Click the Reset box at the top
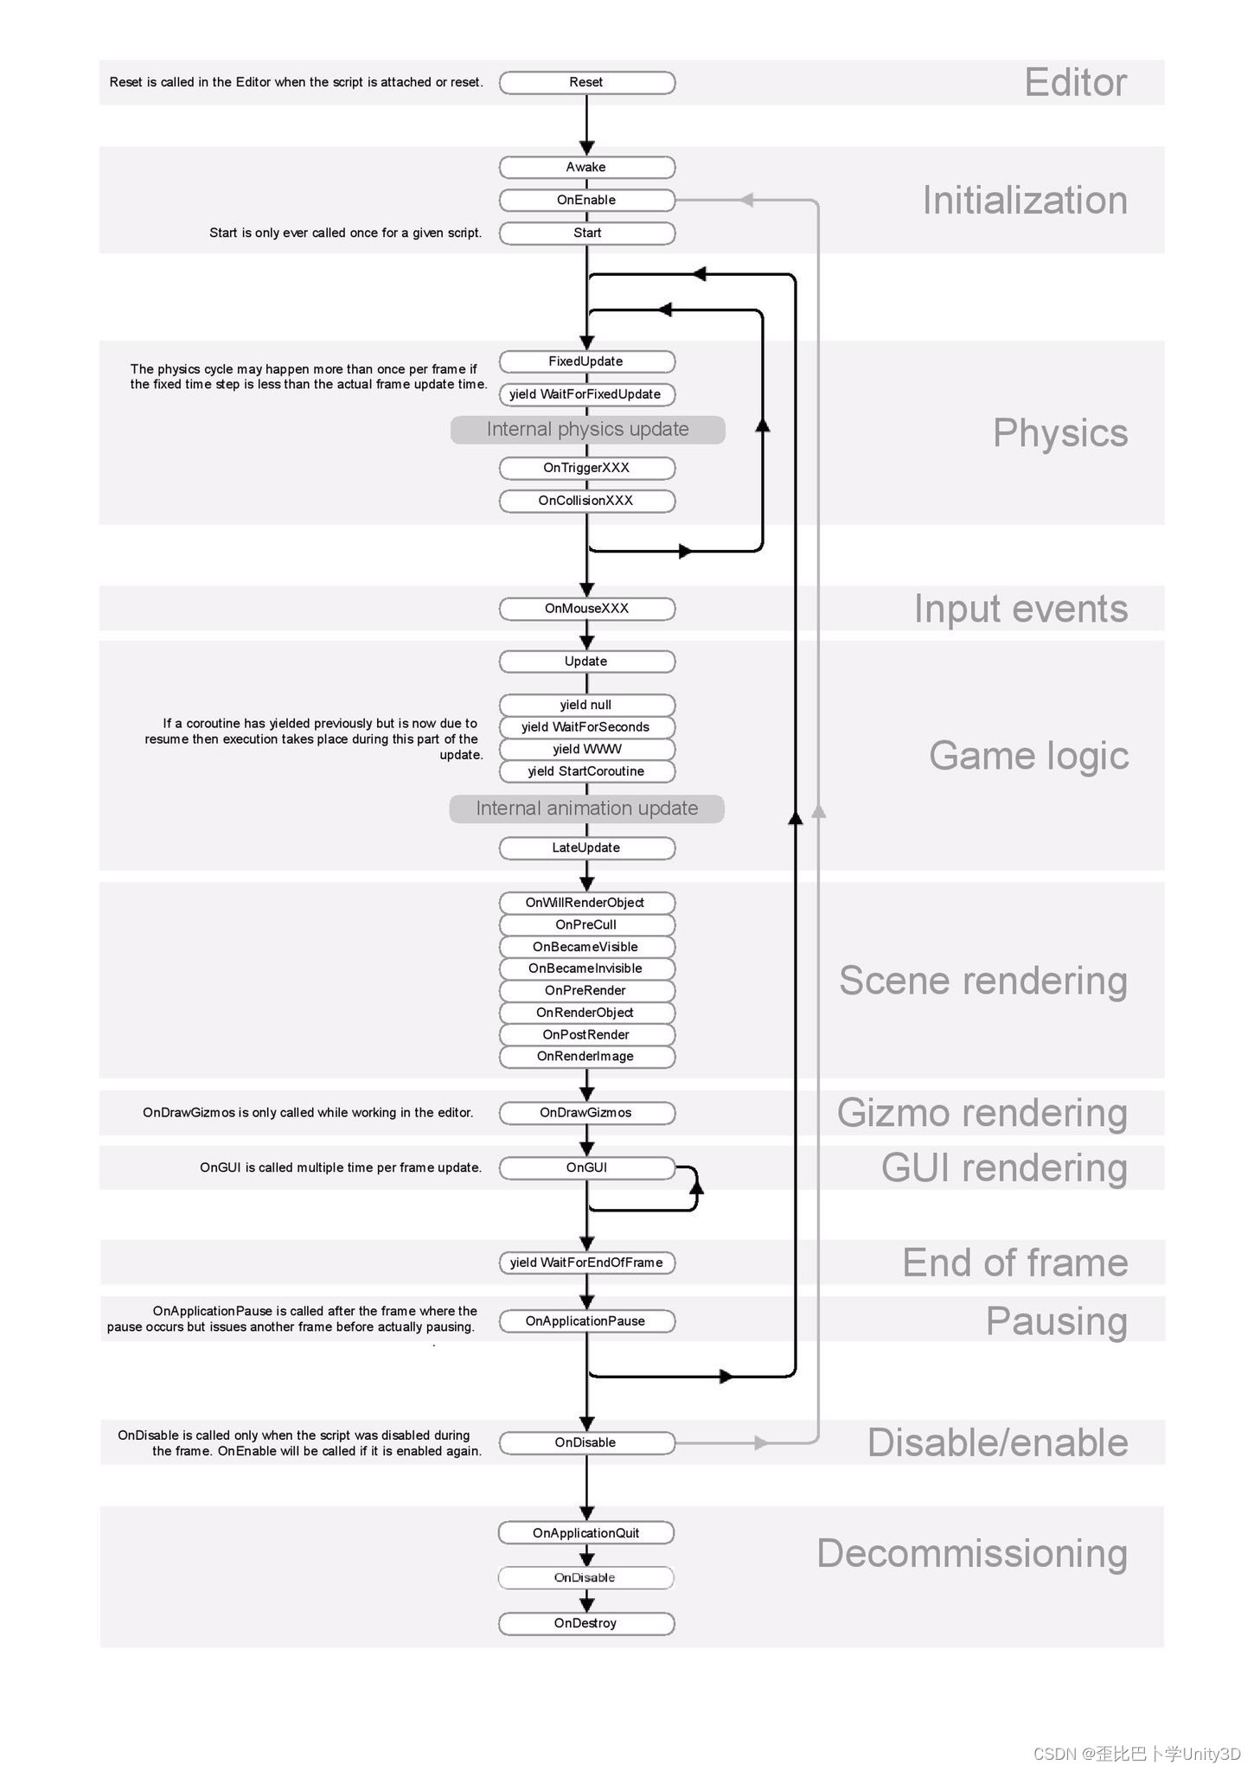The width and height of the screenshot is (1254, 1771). pyautogui.click(x=586, y=82)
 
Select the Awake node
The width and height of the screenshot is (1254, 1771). pyautogui.click(x=586, y=167)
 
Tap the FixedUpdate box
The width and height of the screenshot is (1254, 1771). pyautogui.click(x=586, y=361)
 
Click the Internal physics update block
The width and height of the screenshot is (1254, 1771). pyautogui.click(x=587, y=430)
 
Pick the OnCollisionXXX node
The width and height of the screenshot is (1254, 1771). pyautogui.click(x=586, y=501)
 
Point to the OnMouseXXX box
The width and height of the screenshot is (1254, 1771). pyautogui.click(x=586, y=609)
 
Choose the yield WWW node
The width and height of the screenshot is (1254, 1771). pyautogui.click(x=586, y=749)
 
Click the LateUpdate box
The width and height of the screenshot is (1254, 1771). pyautogui.click(x=586, y=847)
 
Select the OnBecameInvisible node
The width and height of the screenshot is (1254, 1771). pyautogui.click(x=586, y=969)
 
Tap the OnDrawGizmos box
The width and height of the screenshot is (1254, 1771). pyautogui.click(x=586, y=1113)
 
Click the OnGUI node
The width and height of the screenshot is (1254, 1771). pyautogui.click(x=586, y=1167)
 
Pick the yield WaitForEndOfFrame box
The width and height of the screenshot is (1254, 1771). pyautogui.click(x=586, y=1263)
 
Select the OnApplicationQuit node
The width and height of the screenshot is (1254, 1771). pyautogui.click(x=586, y=1533)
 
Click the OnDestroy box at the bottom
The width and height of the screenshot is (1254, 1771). pyautogui.click(x=586, y=1623)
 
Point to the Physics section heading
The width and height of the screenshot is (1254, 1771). pyautogui.click(x=1060, y=433)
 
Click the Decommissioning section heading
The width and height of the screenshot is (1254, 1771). pyautogui.click(x=972, y=1554)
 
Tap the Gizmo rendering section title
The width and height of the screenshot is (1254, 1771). pyautogui.click(x=982, y=1113)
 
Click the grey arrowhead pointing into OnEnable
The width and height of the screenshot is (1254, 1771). pyautogui.click(x=746, y=200)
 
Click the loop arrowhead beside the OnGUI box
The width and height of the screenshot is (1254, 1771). pyautogui.click(x=696, y=1187)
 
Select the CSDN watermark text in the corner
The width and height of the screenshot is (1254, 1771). pyautogui.click(x=1137, y=1754)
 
